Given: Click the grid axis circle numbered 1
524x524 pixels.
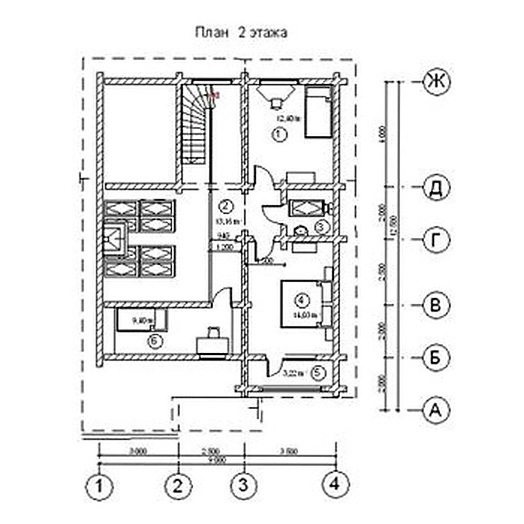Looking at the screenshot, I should pos(99,486).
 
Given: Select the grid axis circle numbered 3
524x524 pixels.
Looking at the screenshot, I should pos(243,486).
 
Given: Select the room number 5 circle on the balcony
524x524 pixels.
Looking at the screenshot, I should pos(316,373).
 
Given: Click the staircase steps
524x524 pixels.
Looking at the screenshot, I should pos(194,124).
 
